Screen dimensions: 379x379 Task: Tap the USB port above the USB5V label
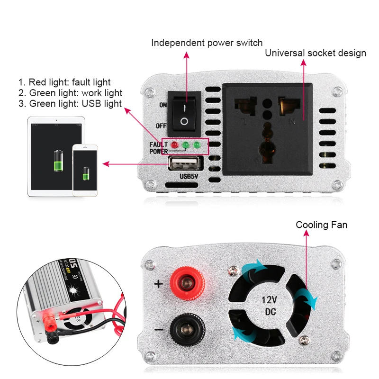pos(184,164)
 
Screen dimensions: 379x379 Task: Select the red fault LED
pos(174,144)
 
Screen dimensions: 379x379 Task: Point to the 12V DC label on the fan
pos(269,305)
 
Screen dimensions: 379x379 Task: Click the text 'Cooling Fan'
pos(321,225)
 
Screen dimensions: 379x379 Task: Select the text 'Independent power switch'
pos(207,43)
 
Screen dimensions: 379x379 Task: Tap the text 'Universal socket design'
pos(315,53)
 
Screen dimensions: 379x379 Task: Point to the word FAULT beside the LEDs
pos(158,144)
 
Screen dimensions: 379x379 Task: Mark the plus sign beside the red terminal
pos(159,284)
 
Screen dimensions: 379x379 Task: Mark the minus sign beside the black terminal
pos(159,329)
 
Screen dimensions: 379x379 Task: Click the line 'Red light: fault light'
pos(64,82)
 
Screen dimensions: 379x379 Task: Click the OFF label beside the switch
pos(161,126)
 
